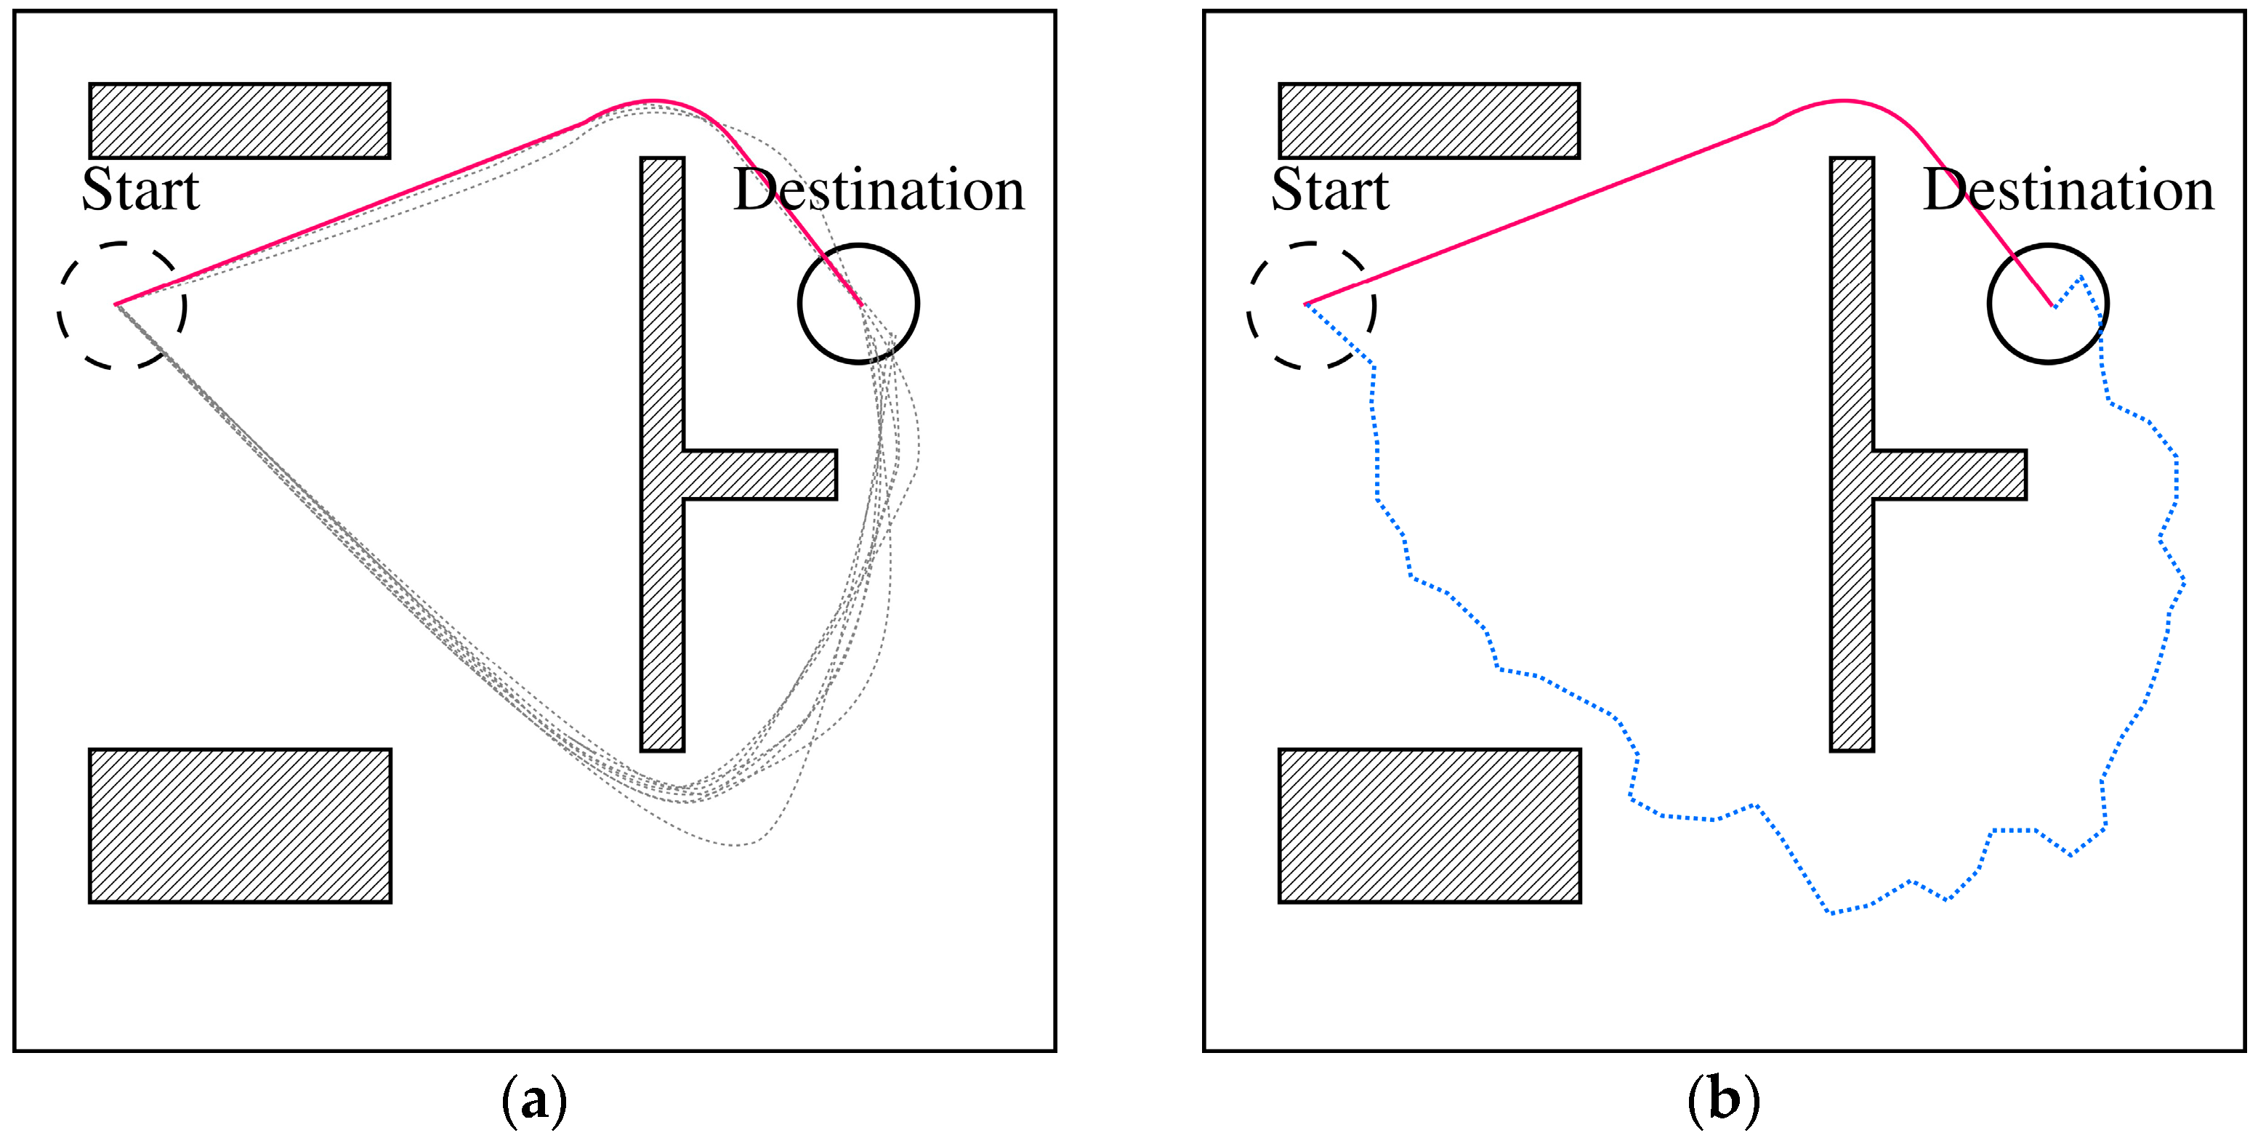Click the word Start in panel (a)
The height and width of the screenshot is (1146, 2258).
(x=140, y=190)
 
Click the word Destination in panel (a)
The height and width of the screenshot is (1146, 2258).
(x=879, y=190)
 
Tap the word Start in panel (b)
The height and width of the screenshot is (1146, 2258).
(x=1330, y=190)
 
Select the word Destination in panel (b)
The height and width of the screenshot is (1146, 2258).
(x=2068, y=190)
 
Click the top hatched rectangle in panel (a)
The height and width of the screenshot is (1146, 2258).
(x=239, y=121)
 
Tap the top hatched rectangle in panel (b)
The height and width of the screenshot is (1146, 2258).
(x=1429, y=121)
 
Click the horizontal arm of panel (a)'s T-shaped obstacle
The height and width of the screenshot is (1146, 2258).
(x=759, y=475)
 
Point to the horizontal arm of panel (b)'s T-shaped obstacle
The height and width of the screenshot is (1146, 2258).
(x=1949, y=475)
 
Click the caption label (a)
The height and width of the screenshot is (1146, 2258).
(x=534, y=1099)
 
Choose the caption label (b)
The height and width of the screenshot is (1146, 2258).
(x=1723, y=1099)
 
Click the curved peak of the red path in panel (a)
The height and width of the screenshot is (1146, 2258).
(x=653, y=102)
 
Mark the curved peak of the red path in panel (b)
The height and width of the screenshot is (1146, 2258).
(x=1843, y=102)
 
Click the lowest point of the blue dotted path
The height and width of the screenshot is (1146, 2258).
(x=1831, y=913)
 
